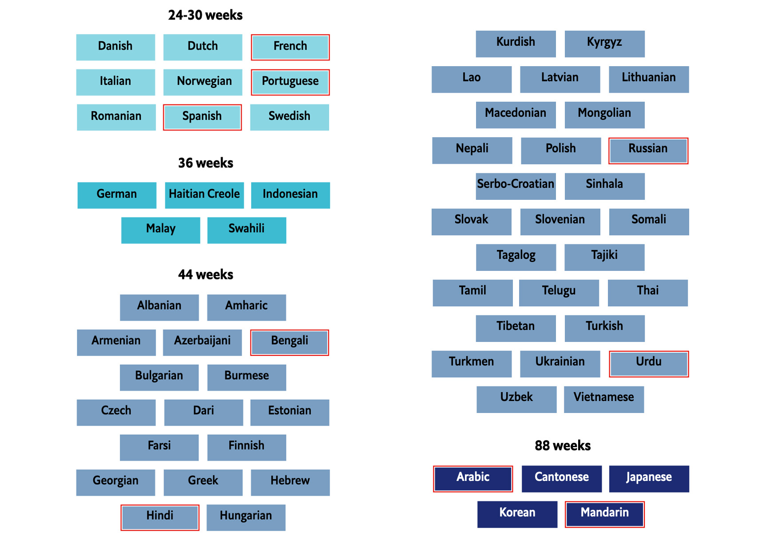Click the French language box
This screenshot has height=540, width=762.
point(290,47)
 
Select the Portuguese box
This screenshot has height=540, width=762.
point(290,82)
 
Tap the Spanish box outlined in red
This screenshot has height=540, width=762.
point(202,117)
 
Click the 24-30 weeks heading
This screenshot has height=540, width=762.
point(205,16)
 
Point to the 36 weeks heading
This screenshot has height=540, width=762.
point(205,163)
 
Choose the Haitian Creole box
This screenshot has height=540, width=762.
point(204,195)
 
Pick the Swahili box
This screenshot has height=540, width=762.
point(246,230)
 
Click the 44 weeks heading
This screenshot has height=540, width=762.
point(205,274)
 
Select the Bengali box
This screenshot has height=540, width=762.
point(290,342)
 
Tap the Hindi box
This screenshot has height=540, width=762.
point(159,517)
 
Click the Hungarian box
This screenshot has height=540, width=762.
point(246,517)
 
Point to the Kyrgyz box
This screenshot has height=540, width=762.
point(604,44)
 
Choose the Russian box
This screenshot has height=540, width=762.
point(648,151)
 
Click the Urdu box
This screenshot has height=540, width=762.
point(648,364)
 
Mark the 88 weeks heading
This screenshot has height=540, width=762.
point(562,445)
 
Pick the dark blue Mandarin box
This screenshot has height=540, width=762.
point(604,514)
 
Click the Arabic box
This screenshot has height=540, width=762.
point(473,479)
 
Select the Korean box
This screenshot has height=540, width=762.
point(517,514)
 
